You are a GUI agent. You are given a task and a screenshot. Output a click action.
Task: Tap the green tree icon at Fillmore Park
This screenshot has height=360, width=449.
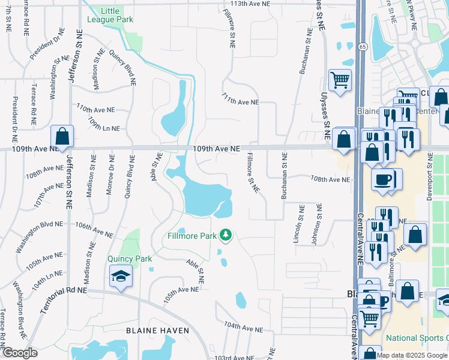coord(226,235)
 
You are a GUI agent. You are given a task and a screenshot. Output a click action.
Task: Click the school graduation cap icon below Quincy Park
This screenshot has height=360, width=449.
coord(121,277)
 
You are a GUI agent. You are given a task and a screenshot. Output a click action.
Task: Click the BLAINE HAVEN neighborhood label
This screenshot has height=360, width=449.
coord(157,331)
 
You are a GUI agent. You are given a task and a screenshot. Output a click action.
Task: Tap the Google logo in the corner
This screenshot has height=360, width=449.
coord(20,353)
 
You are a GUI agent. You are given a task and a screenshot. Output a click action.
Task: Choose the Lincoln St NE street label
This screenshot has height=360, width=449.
coord(295,223)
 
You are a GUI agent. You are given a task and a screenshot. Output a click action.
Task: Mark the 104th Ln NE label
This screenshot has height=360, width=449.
coord(47,280)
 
